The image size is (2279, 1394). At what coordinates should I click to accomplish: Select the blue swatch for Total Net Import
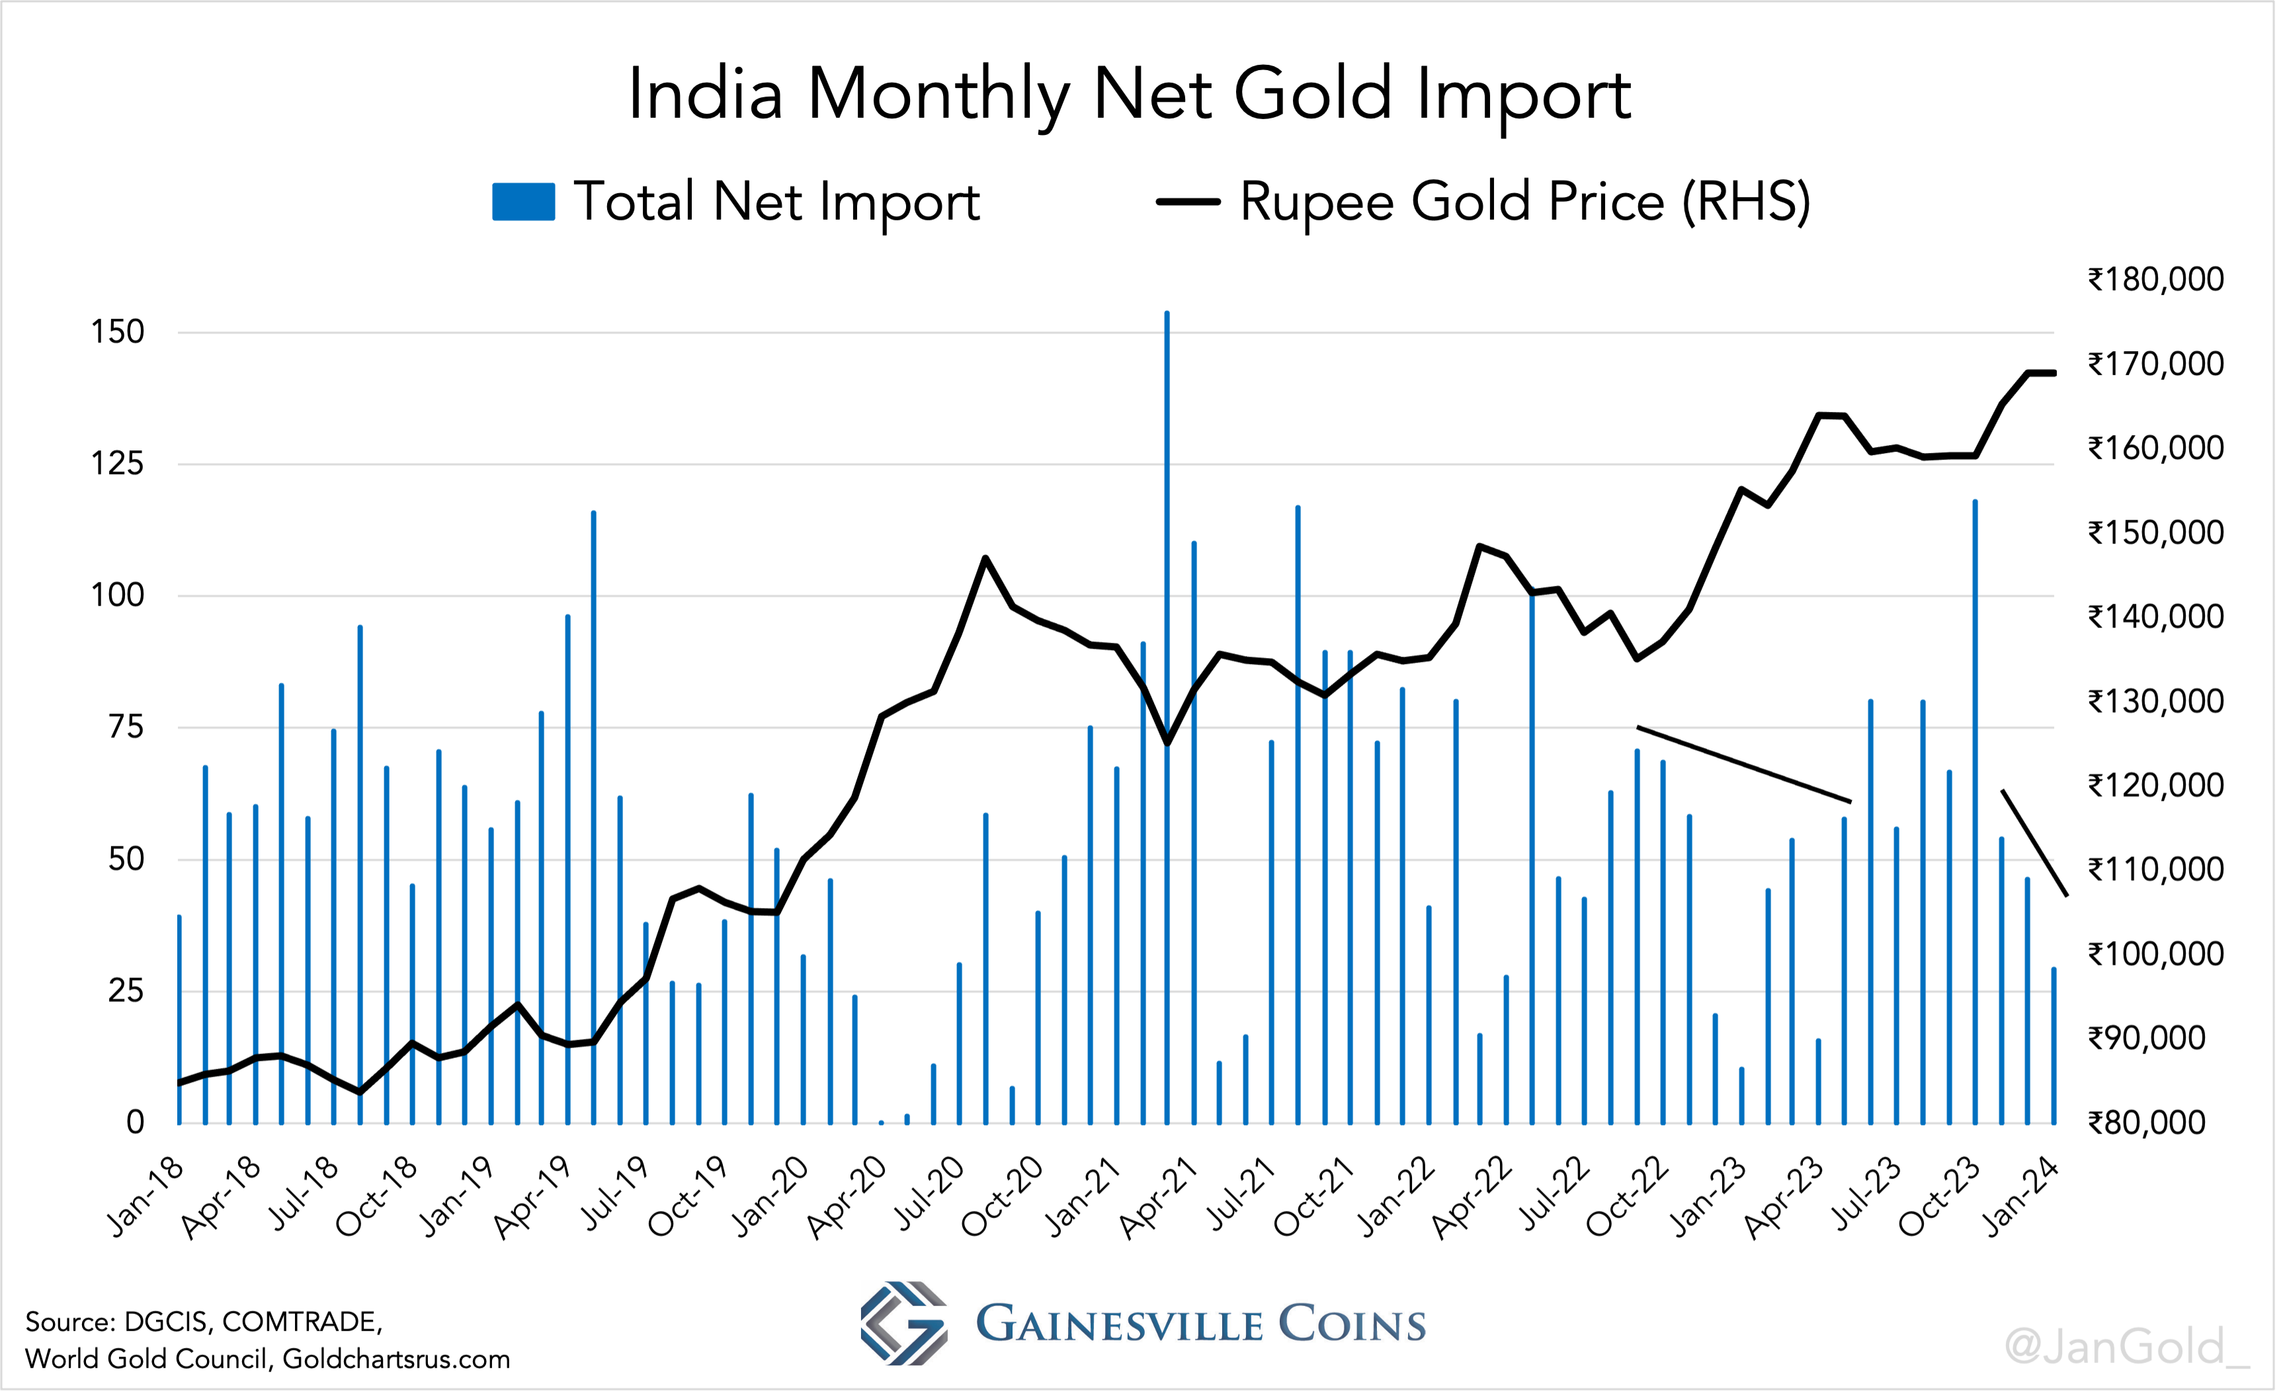click(524, 202)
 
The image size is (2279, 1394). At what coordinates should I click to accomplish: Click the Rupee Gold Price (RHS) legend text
click(1524, 202)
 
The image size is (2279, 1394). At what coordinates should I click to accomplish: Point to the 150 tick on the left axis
click(118, 332)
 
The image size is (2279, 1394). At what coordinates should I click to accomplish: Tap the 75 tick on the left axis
click(127, 727)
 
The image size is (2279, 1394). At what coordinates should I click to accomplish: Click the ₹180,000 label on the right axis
click(2155, 279)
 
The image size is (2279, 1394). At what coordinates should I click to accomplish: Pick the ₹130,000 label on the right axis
click(2155, 701)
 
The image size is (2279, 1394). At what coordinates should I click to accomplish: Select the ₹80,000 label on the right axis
click(2146, 1123)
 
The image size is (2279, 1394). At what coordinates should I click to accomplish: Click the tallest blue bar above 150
click(1167, 647)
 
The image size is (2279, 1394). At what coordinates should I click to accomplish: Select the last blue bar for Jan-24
click(2054, 1045)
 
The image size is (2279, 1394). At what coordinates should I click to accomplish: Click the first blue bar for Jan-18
click(179, 1018)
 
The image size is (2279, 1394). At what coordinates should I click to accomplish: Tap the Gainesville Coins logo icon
click(903, 1323)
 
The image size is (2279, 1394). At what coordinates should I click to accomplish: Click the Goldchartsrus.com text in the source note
click(396, 1359)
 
